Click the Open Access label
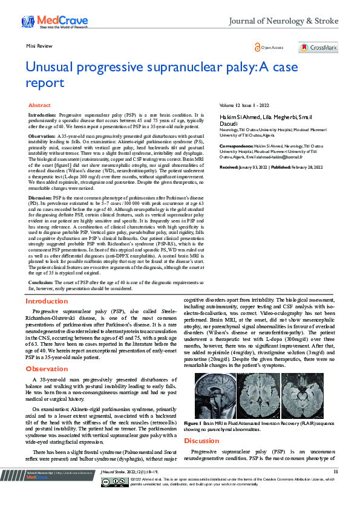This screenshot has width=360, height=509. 272,48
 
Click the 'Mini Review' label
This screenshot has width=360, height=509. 39,46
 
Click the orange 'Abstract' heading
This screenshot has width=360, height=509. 40,105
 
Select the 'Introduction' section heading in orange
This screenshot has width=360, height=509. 46,301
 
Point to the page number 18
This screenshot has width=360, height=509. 336,472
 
